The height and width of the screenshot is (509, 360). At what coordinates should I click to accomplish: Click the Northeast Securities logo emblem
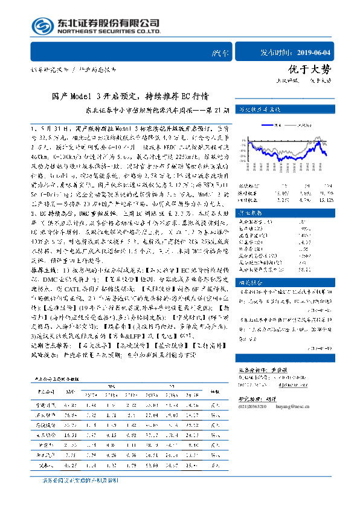(43, 25)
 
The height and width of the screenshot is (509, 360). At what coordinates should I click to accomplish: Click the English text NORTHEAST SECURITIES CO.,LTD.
(109, 31)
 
